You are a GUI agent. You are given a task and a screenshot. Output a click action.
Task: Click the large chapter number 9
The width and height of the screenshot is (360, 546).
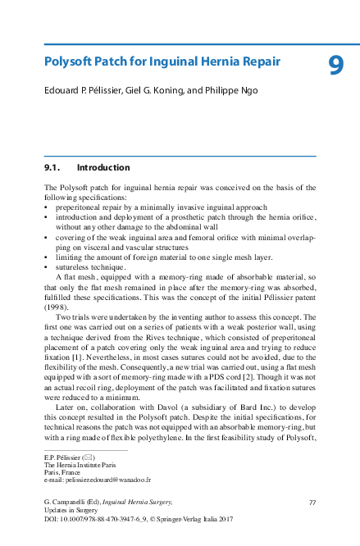pos(335,65)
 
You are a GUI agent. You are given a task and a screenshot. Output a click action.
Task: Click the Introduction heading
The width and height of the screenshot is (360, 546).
pos(108,167)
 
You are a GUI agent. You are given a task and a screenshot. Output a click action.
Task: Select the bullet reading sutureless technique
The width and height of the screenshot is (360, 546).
pos(90,267)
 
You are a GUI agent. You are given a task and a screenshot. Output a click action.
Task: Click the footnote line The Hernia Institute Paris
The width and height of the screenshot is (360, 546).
pos(85,464)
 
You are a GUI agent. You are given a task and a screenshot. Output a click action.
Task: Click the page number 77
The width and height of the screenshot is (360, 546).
pos(312,502)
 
